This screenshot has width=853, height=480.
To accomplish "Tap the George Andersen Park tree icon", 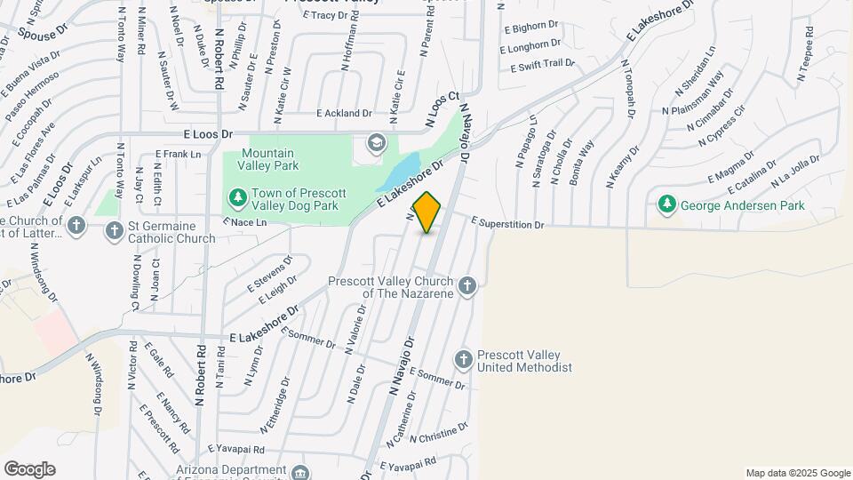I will [x=667, y=205].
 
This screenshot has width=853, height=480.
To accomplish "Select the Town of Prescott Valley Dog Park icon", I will [x=236, y=196].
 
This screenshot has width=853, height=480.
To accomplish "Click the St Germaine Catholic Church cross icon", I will [x=114, y=231].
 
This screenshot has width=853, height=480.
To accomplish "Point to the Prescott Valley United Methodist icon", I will [x=462, y=359].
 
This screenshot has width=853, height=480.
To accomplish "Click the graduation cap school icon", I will [x=377, y=142].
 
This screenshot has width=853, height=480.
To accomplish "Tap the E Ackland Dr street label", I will [x=345, y=114].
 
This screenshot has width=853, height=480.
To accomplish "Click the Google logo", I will [x=28, y=468].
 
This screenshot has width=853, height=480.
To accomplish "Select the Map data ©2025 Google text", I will [x=797, y=473].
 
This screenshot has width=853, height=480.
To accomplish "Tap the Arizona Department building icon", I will [x=301, y=471].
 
